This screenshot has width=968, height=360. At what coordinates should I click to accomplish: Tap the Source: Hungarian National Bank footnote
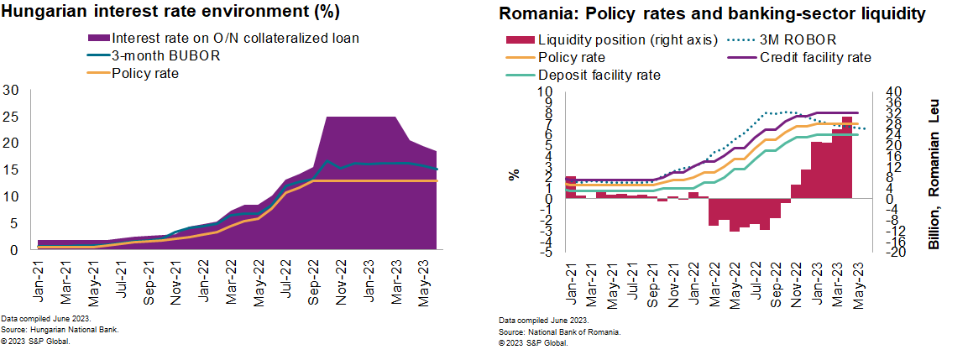(x=60, y=331)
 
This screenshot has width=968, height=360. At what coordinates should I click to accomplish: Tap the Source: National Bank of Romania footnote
(x=559, y=332)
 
